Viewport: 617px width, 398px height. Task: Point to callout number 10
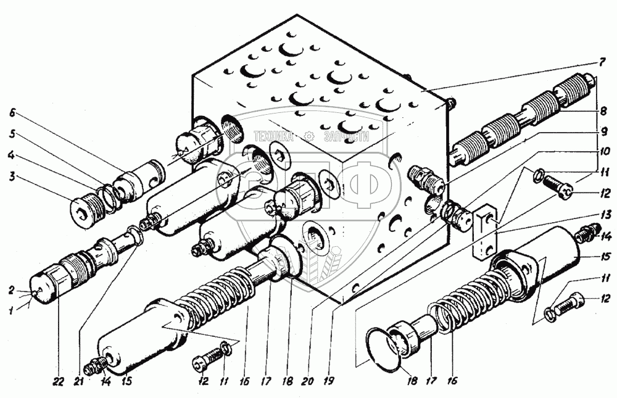click(604, 151)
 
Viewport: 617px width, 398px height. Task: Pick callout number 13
click(605, 215)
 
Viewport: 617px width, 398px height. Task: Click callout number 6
click(12, 113)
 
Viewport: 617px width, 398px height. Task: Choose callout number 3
click(12, 176)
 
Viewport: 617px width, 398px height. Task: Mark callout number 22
click(58, 382)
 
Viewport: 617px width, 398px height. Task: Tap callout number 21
click(79, 381)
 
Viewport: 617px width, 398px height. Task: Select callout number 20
click(308, 381)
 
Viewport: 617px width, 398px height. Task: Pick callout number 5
click(12, 134)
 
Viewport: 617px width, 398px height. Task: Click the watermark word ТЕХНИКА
click(273, 136)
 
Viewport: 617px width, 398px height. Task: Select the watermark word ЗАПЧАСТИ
click(347, 136)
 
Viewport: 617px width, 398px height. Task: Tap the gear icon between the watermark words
click(309, 136)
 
